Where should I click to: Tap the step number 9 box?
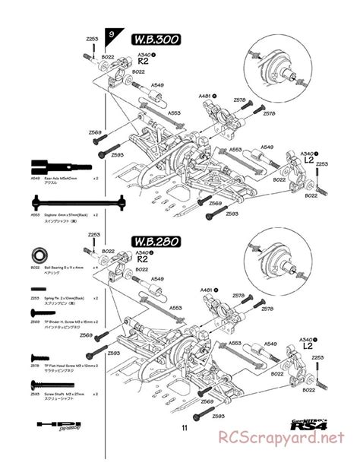pos(112,35)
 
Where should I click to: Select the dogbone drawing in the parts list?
pos(65,204)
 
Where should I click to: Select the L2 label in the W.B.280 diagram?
pos(308,347)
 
